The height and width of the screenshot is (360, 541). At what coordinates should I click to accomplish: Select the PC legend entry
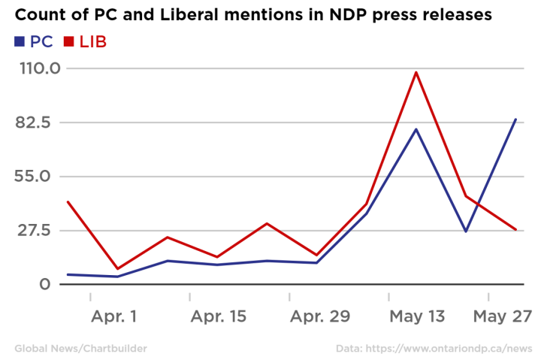coord(34,42)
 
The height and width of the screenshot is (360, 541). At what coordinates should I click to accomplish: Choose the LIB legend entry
coord(86,42)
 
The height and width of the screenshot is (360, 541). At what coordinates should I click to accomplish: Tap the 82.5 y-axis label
coord(39,123)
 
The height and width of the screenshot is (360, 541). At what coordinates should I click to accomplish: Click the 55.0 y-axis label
coord(39,177)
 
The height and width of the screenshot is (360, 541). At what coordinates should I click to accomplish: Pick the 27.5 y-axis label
coord(39,230)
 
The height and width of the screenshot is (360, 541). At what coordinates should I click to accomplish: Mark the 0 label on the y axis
coord(46,284)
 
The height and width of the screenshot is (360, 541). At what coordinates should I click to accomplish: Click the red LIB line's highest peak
coord(416,72)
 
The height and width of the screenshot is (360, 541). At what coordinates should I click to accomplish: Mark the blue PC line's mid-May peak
coord(416,129)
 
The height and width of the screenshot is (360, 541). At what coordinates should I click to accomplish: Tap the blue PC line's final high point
coord(515,119)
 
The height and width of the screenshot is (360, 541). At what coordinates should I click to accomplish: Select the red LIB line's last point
coord(515,229)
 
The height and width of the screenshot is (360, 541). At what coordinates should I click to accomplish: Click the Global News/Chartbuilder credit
coord(80,349)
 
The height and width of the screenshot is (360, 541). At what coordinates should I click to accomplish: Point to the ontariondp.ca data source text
coord(434,349)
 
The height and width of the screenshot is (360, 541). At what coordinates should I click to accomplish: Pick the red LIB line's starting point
coord(68,201)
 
